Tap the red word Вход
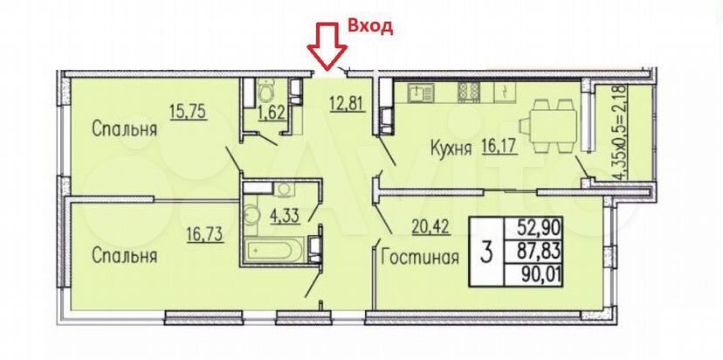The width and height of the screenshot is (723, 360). (x=370, y=26)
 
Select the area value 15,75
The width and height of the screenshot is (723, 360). (x=189, y=111)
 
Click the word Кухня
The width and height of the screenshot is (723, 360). (x=451, y=148)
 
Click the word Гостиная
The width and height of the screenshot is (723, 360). (x=420, y=258)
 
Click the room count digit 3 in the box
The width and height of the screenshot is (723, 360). (x=485, y=254)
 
